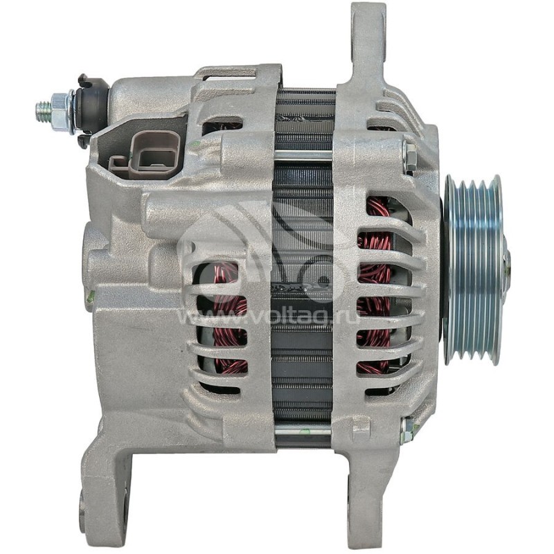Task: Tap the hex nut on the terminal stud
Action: pos(62,111)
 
